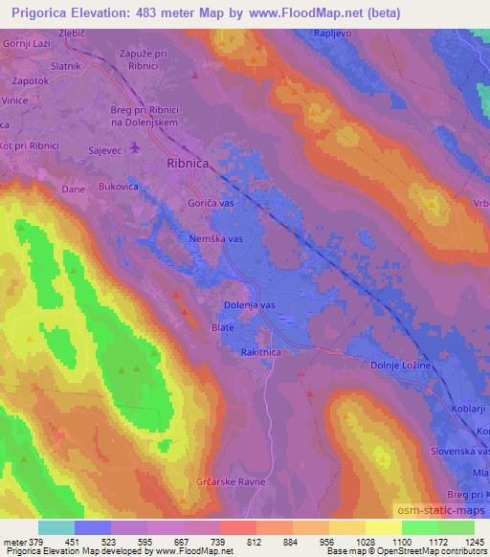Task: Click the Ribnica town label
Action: point(189,164)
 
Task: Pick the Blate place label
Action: point(222,327)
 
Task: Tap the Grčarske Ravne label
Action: point(230,481)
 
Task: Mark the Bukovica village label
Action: point(119,188)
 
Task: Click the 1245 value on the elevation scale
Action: point(472,543)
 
